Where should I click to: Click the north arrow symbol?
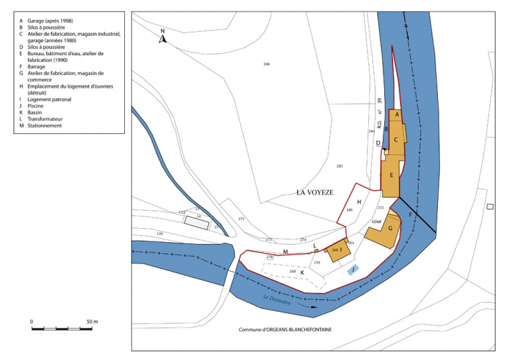pos(162,38)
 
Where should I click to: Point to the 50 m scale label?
pos(92,322)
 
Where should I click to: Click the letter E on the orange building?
pos(391,176)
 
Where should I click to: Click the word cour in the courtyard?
pos(377,221)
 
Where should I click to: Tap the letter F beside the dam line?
pos(410,217)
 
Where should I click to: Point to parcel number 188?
pos(266,64)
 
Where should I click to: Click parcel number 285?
pos(339,167)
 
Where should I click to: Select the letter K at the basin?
pos(302,272)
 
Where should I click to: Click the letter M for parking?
pos(285,252)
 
